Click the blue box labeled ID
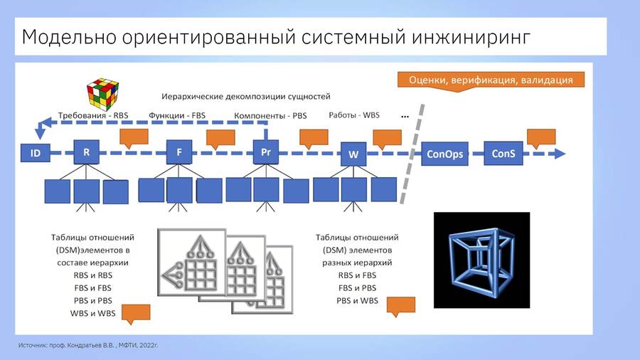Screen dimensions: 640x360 point(35,153)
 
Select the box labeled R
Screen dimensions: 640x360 point(86,152)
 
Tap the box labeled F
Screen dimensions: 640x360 point(178,152)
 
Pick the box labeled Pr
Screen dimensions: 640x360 point(266,152)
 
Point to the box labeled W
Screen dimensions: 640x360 point(353,154)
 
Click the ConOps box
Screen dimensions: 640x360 point(444,154)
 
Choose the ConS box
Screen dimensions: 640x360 point(503,154)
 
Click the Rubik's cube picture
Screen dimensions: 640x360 point(102,95)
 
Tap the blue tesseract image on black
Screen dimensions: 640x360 point(481,260)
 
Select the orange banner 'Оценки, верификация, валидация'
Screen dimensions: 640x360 point(491,80)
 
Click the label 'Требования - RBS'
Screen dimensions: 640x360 point(93,115)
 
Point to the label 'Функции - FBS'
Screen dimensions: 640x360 point(177,115)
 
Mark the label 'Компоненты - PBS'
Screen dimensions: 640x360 point(270,115)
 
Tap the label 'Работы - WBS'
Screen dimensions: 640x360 point(354,115)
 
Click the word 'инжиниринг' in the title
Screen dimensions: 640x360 point(471,37)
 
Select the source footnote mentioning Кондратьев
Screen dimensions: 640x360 point(88,345)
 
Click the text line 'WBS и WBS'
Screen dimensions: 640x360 point(92,314)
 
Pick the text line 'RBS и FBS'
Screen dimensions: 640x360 point(357,275)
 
